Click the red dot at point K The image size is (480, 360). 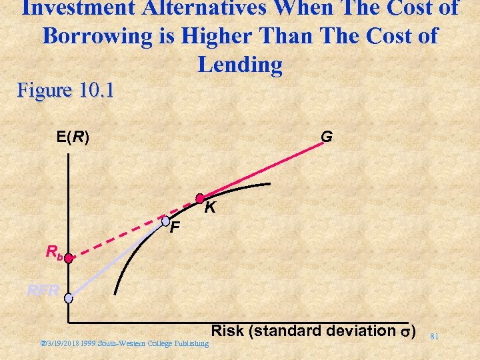click(x=199, y=198)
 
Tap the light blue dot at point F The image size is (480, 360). click(x=166, y=220)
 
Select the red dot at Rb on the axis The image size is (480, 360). click(x=69, y=257)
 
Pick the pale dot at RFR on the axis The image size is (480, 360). click(x=69, y=298)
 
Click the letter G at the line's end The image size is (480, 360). click(x=326, y=137)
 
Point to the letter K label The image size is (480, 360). click(x=210, y=208)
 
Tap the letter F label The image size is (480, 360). click(x=175, y=229)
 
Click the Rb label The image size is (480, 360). click(x=54, y=252)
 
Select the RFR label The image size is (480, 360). click(x=43, y=290)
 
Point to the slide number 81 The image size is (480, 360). click(x=434, y=336)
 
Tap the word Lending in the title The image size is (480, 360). click(x=240, y=65)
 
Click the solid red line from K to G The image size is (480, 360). click(x=267, y=167)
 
